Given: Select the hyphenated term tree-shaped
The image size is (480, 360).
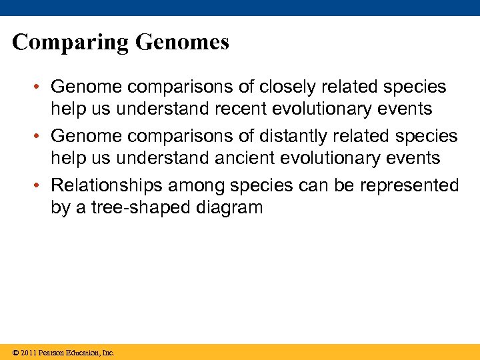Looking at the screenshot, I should [133, 207].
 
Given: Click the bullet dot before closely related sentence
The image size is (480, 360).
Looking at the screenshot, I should [41, 87].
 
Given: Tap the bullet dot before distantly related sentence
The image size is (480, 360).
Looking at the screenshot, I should [41, 136].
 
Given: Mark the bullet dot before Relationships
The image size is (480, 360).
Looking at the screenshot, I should [41, 185].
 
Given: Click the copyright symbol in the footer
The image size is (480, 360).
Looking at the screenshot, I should [15, 353].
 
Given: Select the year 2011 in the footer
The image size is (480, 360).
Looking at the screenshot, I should [28, 353].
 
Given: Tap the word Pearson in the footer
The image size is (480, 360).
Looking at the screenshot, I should [51, 353].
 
